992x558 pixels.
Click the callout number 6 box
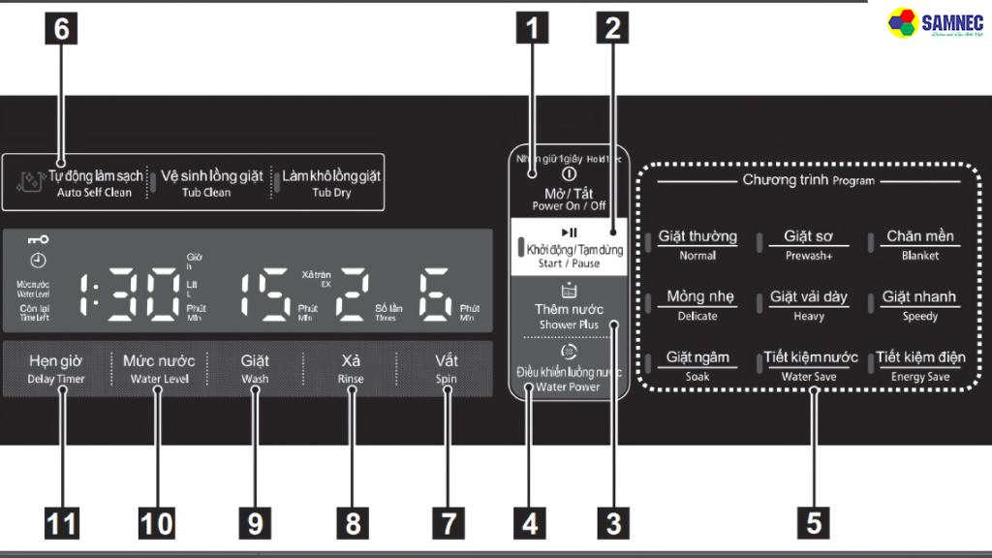[62, 29]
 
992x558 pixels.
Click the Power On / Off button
[569, 189]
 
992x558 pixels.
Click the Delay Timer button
[56, 368]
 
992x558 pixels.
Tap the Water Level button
[157, 368]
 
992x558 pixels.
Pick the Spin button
[446, 368]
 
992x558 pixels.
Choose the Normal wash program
[697, 244]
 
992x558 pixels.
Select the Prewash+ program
[808, 244]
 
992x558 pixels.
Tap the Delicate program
[699, 305]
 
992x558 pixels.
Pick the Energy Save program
[919, 365]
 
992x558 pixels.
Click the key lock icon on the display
[39, 239]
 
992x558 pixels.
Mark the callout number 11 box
[62, 523]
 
